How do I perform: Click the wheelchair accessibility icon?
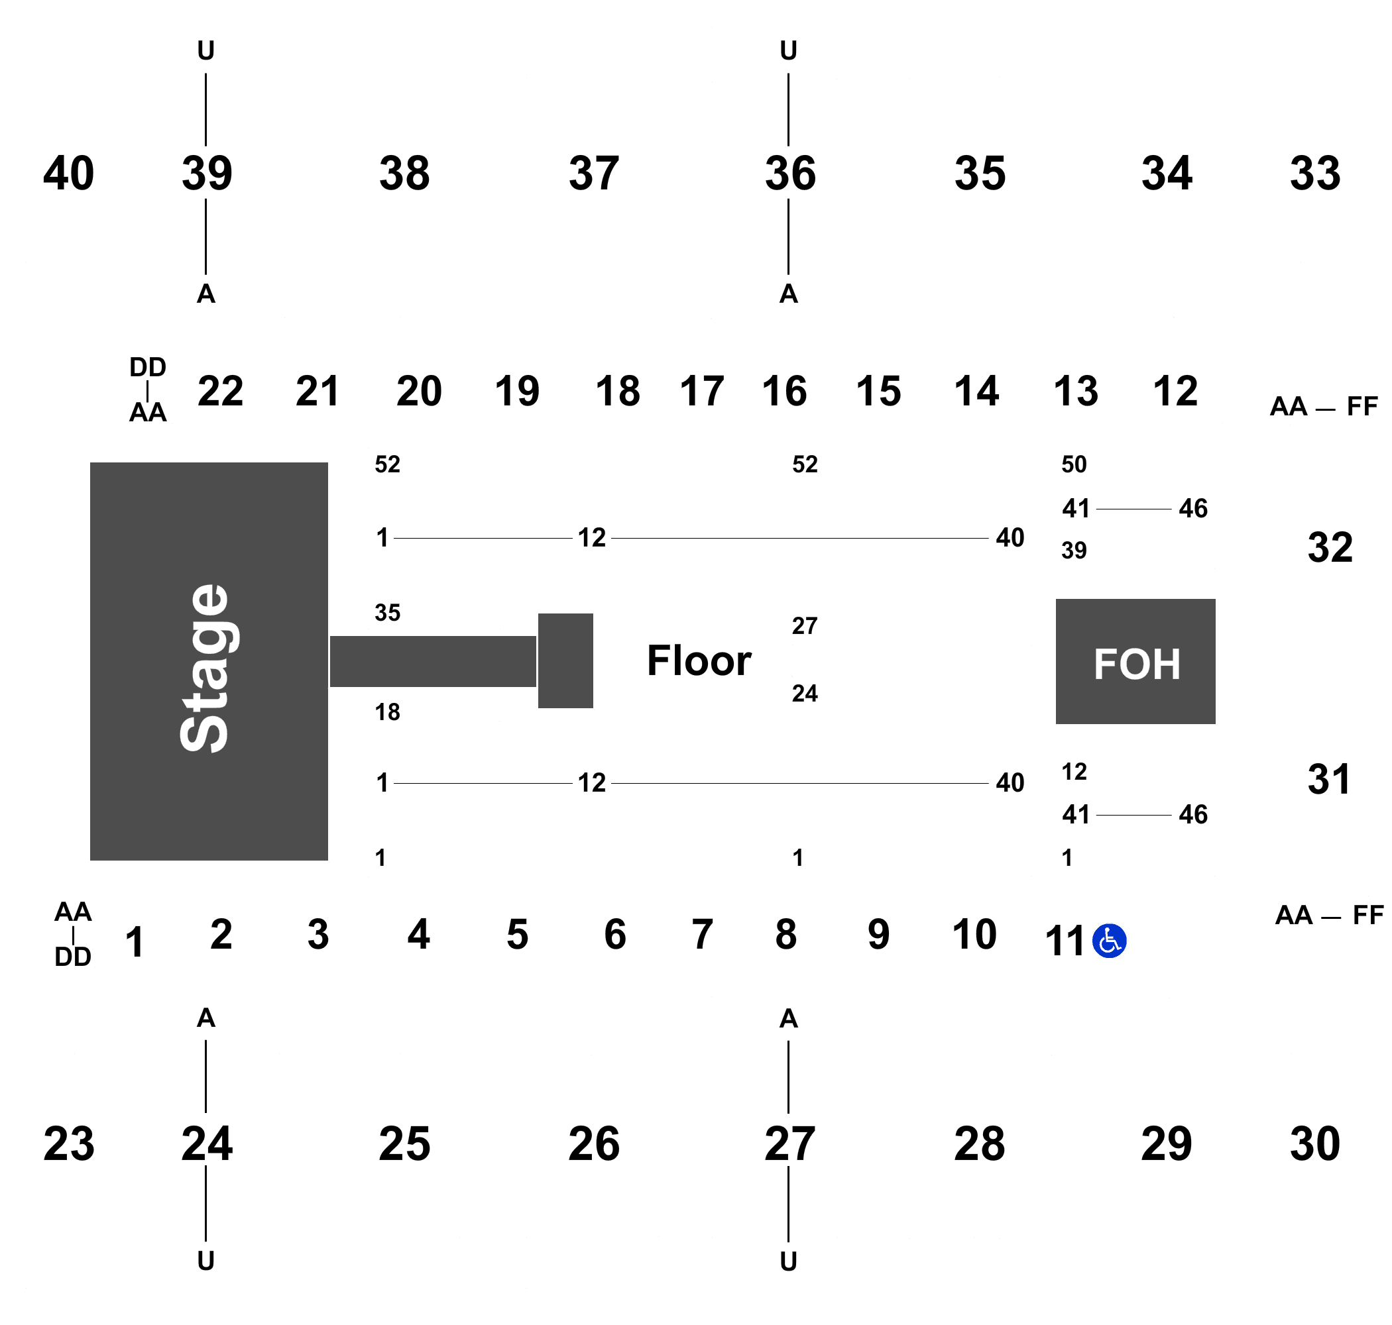pyautogui.click(x=1109, y=941)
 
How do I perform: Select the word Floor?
pyautogui.click(x=699, y=661)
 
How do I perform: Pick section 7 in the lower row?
pyautogui.click(x=702, y=933)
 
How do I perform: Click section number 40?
pyautogui.click(x=68, y=173)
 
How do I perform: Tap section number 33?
pyautogui.click(x=1314, y=173)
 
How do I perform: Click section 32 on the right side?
pyautogui.click(x=1329, y=547)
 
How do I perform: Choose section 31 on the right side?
pyautogui.click(x=1329, y=779)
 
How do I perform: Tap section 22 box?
pyautogui.click(x=221, y=391)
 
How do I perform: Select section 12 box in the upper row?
pyautogui.click(x=1175, y=391)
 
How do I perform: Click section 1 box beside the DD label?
pyautogui.click(x=135, y=942)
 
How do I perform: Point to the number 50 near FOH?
pyautogui.click(x=1073, y=464)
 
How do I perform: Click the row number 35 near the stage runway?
pyautogui.click(x=387, y=612)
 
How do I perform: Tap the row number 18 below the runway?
pyautogui.click(x=387, y=712)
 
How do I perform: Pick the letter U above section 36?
pyautogui.click(x=789, y=51)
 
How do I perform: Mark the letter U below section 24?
pyautogui.click(x=205, y=1261)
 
